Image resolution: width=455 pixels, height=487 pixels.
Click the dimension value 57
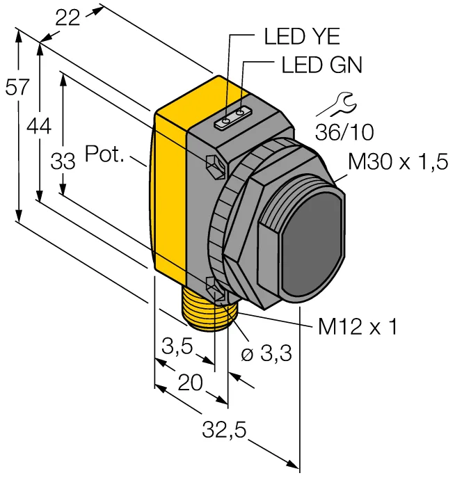[x=17, y=87]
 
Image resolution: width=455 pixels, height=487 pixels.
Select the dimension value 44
[x=38, y=127]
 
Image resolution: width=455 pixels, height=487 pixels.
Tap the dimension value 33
[x=63, y=161]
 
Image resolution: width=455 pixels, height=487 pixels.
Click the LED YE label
[x=302, y=36]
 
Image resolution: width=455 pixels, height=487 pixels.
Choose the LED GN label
[x=321, y=65]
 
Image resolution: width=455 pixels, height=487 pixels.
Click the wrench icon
[x=335, y=104]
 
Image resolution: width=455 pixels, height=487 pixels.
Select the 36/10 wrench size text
[x=344, y=132]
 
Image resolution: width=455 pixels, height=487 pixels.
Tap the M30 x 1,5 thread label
[x=398, y=161]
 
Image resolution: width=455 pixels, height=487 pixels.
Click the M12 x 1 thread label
[x=358, y=327]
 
